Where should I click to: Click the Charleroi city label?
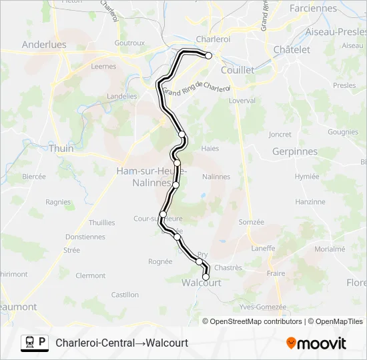pos(213,39)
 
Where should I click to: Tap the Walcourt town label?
pos(202,283)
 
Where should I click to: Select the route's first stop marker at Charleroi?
pos(208,56)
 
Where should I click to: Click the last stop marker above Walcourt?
pos(206,276)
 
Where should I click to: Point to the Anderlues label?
pos(44,45)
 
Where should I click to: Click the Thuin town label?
pos(61,149)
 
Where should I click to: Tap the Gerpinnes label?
pos(295,151)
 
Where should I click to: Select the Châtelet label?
pos(292,49)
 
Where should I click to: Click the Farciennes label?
pos(314,9)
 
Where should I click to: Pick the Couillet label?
pos(238,69)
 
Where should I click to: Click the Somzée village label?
pos(252,222)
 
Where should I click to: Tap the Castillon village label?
pos(125,295)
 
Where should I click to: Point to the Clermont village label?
pos(91,275)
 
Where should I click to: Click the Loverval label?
pos(242,101)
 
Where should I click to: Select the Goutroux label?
pos(129,43)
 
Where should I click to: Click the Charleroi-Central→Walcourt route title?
pos(122,343)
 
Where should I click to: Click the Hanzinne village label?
pos(310,201)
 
